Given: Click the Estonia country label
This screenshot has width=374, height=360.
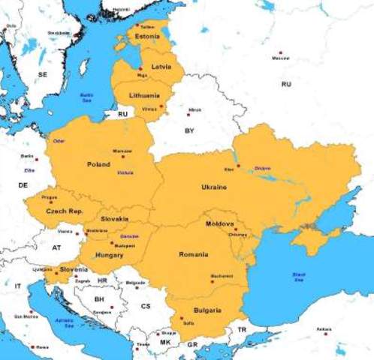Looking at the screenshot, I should (x=146, y=36).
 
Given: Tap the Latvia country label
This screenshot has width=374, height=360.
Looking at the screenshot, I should (x=161, y=67).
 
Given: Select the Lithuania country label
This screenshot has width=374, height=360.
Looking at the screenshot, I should (x=144, y=95).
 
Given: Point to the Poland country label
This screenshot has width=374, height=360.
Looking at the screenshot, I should (x=98, y=163).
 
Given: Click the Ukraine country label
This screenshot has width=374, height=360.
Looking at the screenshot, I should (x=213, y=186).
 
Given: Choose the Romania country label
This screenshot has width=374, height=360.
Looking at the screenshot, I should (x=193, y=255).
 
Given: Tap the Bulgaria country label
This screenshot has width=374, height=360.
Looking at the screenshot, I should (x=206, y=310).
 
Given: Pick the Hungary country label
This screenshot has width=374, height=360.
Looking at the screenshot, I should (x=110, y=255).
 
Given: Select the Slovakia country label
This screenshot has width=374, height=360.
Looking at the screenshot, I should (x=115, y=218).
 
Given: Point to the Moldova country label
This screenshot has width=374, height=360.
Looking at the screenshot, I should (x=220, y=223).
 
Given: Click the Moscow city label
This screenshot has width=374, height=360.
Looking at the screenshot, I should (x=280, y=58).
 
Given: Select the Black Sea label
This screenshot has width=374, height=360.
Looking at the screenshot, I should (x=299, y=277).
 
